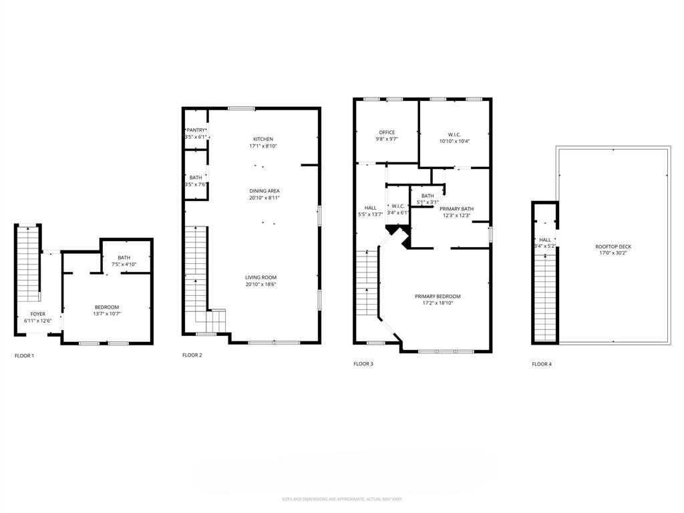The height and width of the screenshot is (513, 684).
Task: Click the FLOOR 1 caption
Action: click(24, 355)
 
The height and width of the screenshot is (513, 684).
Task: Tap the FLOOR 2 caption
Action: click(192, 355)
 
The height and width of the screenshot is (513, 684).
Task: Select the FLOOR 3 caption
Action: click(363, 364)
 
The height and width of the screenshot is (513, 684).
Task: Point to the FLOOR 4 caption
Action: click(542, 364)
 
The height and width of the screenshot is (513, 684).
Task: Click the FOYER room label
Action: click(38, 314)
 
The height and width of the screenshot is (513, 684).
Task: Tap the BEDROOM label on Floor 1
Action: click(107, 307)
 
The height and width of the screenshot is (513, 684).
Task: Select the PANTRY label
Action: click(196, 130)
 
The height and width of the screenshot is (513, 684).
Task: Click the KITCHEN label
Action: click(263, 139)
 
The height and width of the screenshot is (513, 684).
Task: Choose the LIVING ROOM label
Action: click(260, 277)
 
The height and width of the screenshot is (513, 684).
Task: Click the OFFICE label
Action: click(387, 132)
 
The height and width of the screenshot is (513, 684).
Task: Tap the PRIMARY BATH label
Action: click(457, 208)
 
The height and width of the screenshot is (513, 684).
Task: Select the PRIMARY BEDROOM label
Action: click(438, 296)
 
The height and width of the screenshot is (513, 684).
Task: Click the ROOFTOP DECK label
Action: click(613, 246)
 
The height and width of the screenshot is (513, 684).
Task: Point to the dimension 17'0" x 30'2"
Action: click(613, 253)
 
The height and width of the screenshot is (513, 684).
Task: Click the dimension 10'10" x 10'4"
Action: click(454, 141)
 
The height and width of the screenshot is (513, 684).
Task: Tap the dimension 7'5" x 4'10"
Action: click(124, 265)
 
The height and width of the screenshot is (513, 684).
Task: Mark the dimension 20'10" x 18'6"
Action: click(260, 284)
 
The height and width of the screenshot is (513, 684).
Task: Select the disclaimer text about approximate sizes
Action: click(342, 499)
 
